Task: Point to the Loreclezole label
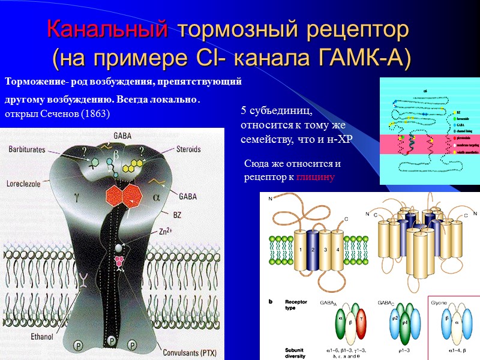point(23,184)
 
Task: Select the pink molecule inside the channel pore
point(121,262)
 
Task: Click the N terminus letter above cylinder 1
point(271,199)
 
